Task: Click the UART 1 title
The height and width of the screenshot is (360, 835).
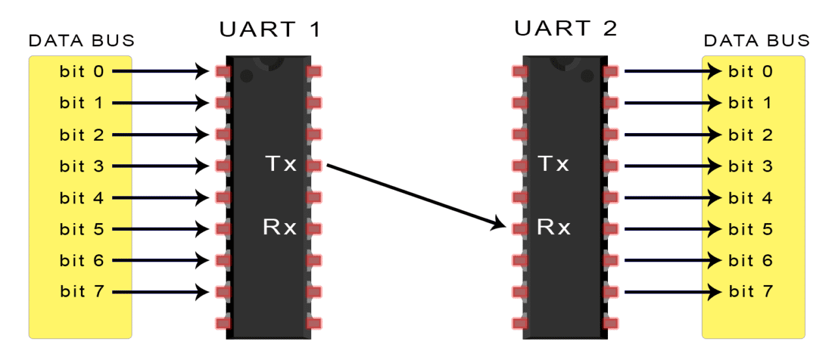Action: tap(270, 29)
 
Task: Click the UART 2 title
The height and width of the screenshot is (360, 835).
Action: tap(566, 29)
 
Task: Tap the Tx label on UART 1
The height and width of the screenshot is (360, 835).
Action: tap(280, 164)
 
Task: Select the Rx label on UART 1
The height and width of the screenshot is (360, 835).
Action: tap(280, 228)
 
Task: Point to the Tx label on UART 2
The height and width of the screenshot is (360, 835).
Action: tap(553, 164)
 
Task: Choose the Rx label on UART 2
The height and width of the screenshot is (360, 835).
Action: tap(554, 228)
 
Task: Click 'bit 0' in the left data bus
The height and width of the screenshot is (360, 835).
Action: tap(82, 71)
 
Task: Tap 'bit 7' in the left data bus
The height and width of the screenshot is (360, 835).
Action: tap(82, 291)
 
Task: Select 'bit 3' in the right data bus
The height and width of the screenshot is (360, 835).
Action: tap(750, 166)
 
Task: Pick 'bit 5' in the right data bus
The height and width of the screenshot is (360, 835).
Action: tap(750, 229)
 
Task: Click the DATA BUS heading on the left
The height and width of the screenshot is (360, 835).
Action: tap(82, 41)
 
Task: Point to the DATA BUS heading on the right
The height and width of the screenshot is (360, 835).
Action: tap(757, 41)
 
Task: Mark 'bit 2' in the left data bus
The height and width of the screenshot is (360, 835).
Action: tap(82, 135)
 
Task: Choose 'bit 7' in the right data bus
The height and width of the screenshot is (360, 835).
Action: tap(750, 292)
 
